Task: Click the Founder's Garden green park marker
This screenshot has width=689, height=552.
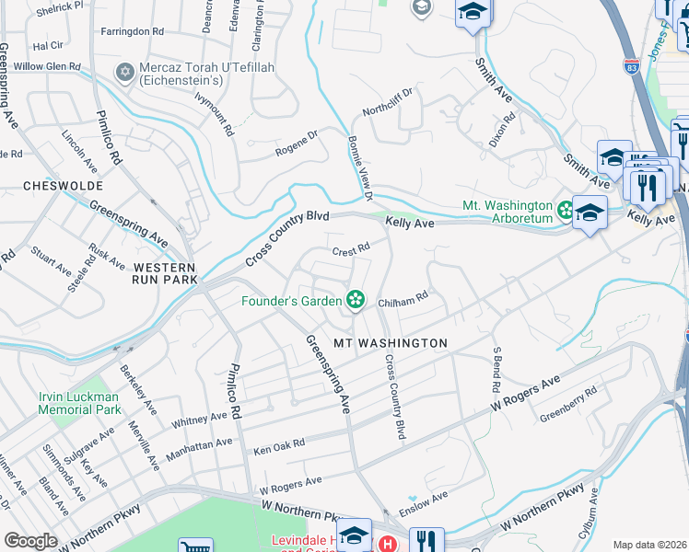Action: pyautogui.click(x=354, y=300)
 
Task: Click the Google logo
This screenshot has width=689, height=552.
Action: pyautogui.click(x=30, y=540)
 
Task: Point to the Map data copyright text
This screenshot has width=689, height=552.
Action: pyautogui.click(x=649, y=545)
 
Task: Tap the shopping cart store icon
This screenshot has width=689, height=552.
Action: pyautogui.click(x=194, y=546)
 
